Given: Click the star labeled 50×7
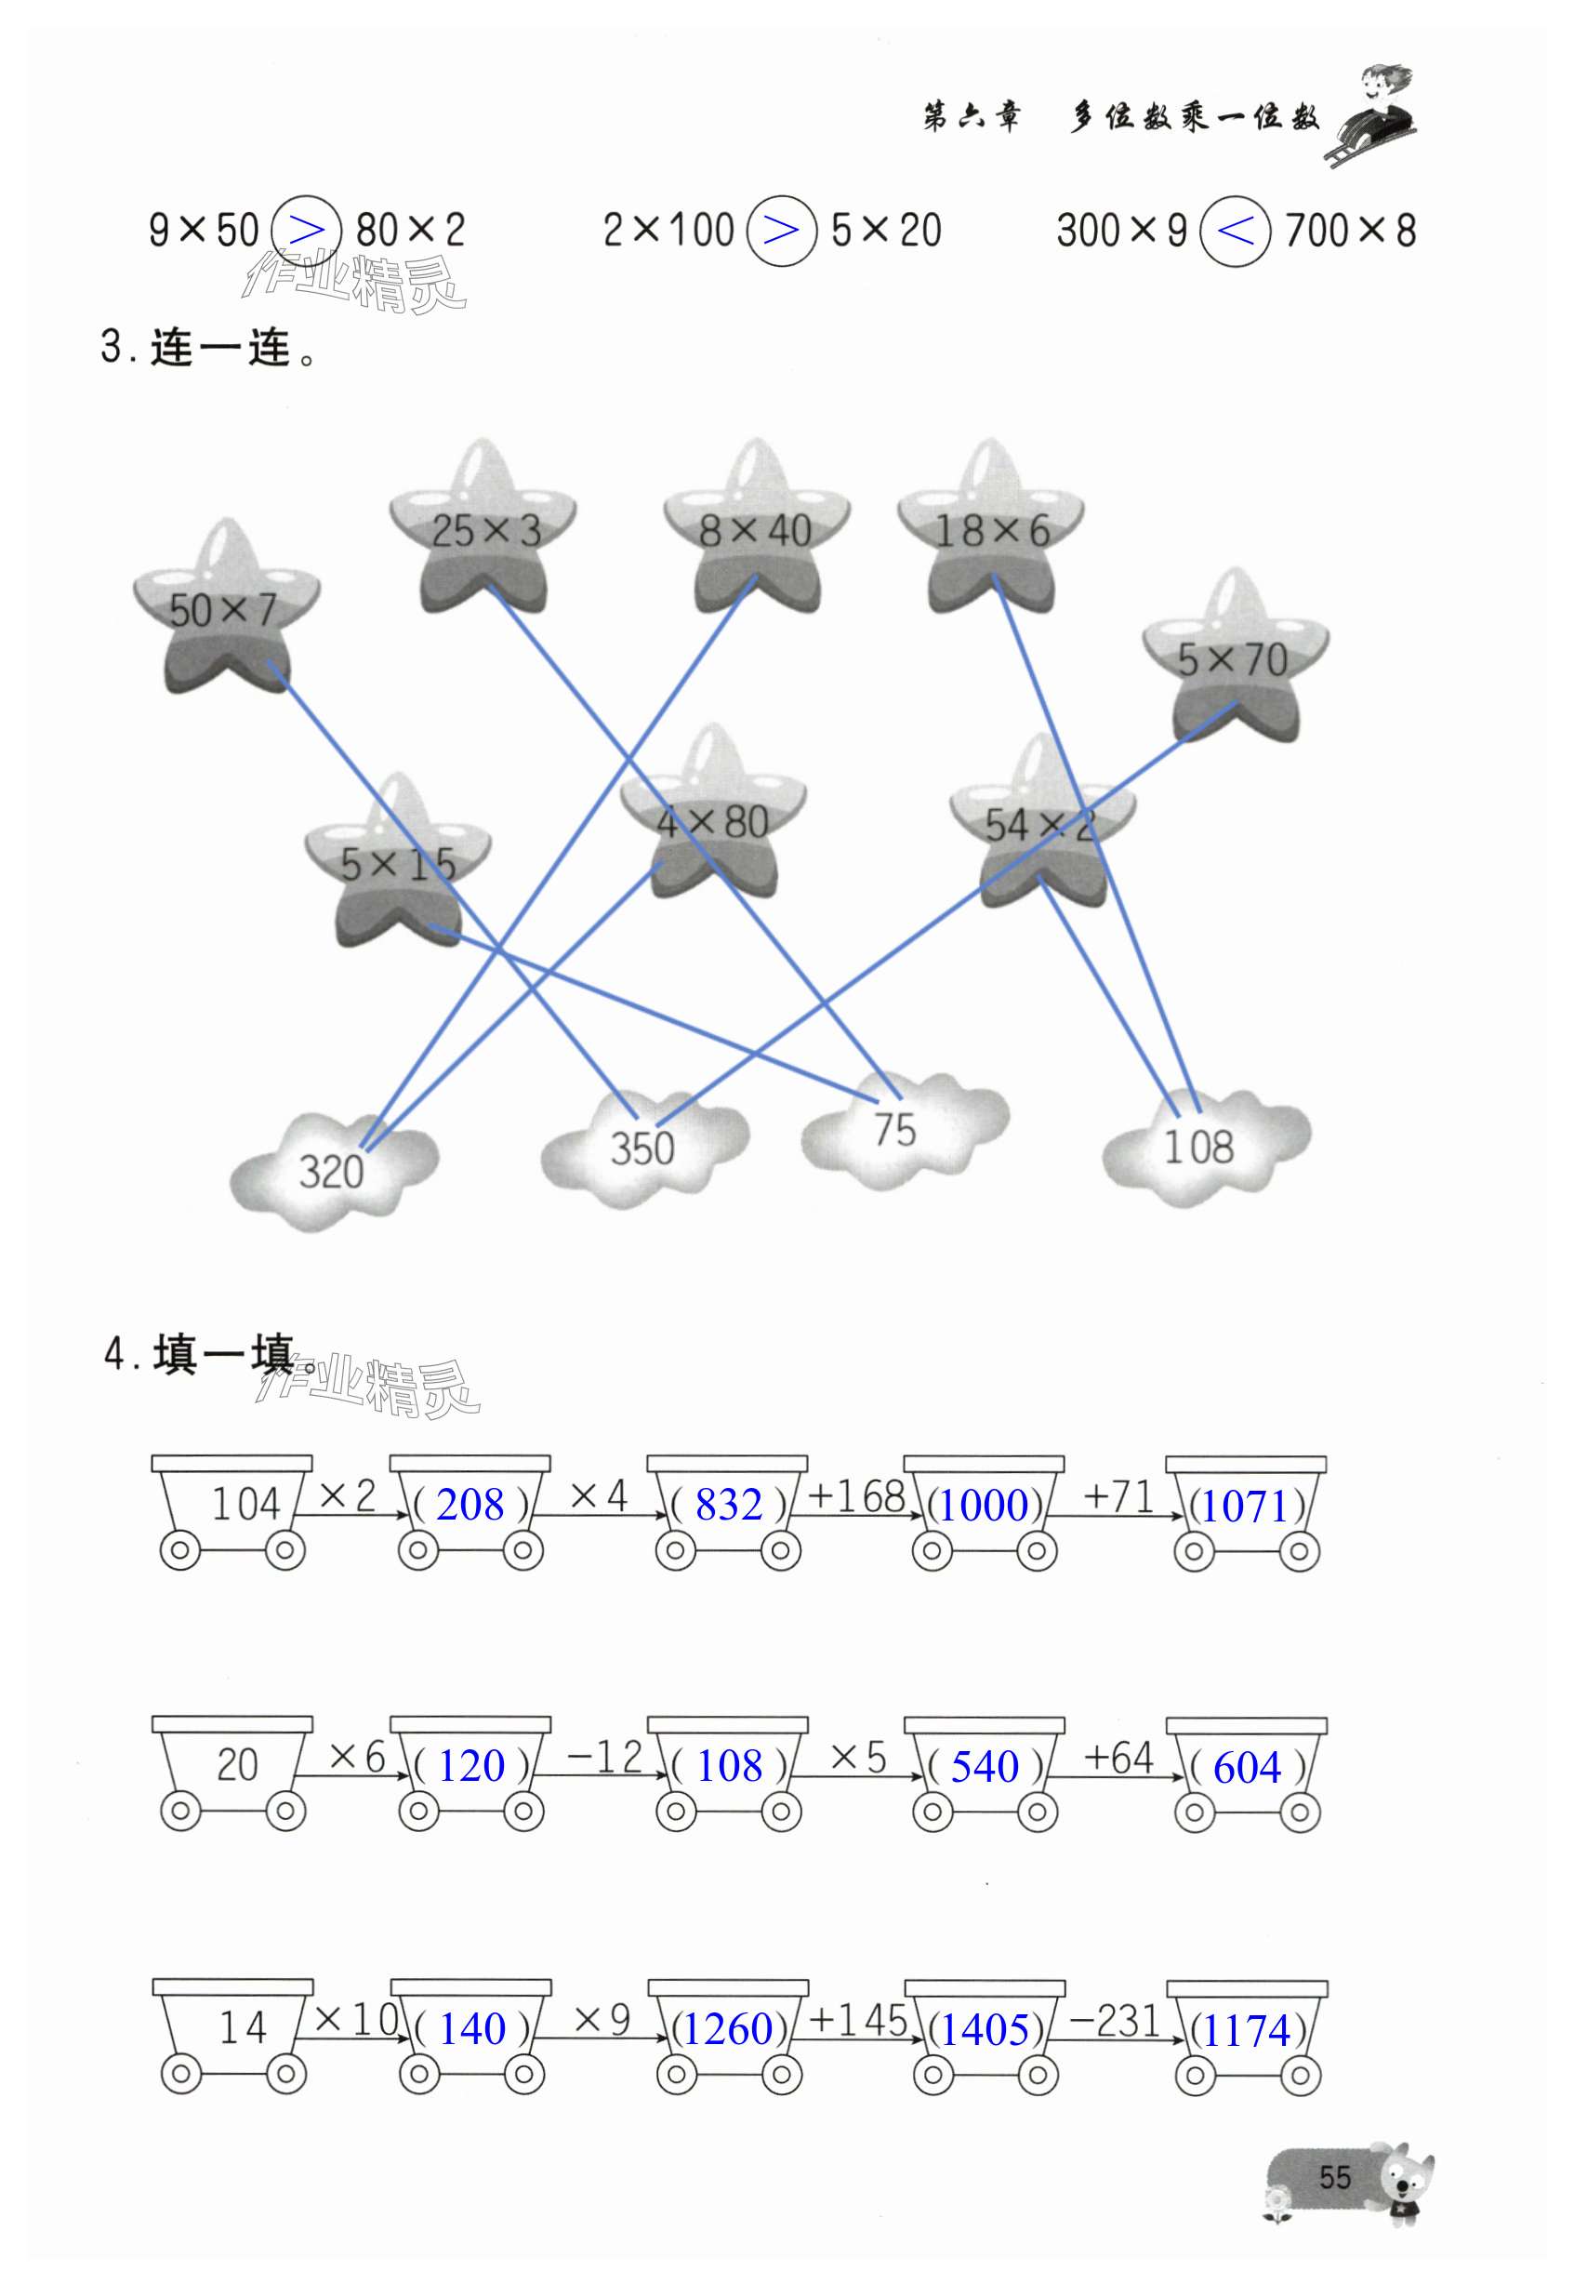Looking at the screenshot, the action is coord(226,611).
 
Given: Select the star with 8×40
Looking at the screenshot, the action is coord(756,533).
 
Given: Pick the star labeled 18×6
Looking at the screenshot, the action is coord(991,533).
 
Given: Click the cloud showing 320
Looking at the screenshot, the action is coord(332,1172).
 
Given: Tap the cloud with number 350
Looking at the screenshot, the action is coord(643,1149).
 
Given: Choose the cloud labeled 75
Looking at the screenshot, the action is coord(895,1130).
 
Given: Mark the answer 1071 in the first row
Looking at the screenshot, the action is coord(1247,1507).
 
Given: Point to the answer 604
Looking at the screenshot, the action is coord(1247,1767).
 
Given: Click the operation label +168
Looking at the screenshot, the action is coord(856,1497).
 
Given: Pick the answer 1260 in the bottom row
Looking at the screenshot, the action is coord(729,2029).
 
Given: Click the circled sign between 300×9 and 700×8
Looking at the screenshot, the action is coord(1235,232).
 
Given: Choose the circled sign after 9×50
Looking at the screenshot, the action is coord(307,232).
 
